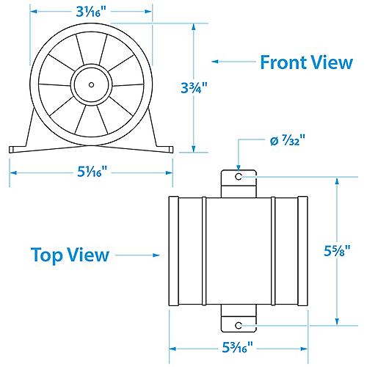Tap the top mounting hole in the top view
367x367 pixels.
point(238,178)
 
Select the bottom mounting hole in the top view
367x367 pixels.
point(238,323)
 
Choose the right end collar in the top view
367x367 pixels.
point(300,250)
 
